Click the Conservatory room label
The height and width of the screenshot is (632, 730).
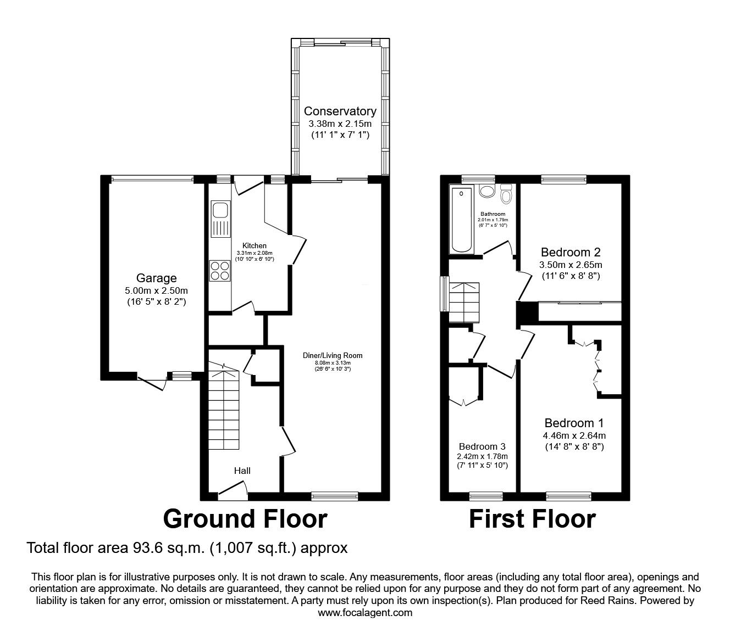coord(340,111)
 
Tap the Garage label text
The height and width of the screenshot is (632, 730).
coord(157,278)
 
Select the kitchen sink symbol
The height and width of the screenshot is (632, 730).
coord(220,220)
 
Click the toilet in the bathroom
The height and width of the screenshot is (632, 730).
coord(507,195)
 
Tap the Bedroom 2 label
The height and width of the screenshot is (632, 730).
coord(571,253)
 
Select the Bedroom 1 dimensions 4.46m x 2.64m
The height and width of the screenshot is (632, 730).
coord(574,435)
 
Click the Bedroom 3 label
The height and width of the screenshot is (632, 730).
coord(482,446)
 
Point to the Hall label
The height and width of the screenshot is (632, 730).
coord(242,471)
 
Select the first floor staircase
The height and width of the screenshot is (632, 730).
coord(464,302)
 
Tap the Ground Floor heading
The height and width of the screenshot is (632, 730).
coord(245,519)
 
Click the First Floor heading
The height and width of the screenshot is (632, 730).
coord(532,519)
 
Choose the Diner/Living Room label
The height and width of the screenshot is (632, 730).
coord(333,355)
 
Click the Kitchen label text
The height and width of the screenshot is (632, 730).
coord(255,245)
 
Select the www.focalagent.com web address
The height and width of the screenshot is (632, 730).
coord(365,612)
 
